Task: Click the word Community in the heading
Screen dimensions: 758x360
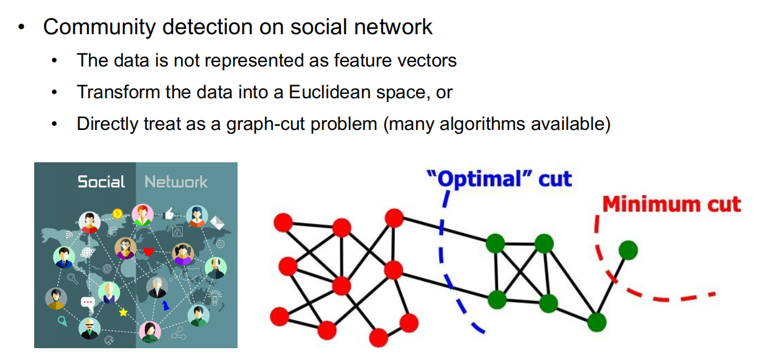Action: (99, 27)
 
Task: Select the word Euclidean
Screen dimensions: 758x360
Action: (330, 91)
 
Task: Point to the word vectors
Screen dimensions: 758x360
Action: (427, 60)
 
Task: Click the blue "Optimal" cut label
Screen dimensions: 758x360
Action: (499, 178)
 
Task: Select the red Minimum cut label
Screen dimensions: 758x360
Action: (672, 205)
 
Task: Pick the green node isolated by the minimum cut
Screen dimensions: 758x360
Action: (628, 251)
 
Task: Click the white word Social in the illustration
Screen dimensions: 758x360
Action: (101, 182)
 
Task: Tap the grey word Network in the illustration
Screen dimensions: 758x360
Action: (176, 182)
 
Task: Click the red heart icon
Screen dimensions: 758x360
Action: (148, 251)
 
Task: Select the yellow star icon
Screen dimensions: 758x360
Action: (123, 312)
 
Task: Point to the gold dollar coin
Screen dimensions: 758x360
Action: (118, 213)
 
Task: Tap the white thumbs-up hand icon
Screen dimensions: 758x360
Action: (169, 213)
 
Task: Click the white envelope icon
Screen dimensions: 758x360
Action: (217, 223)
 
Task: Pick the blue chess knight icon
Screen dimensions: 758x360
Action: (165, 305)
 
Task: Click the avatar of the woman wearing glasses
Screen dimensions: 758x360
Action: (126, 248)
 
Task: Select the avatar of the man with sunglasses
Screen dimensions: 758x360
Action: (90, 328)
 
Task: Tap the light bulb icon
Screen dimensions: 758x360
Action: (215, 297)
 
